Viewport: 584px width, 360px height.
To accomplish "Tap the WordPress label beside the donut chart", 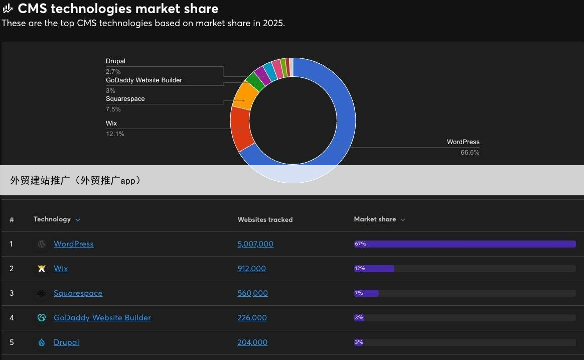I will (x=463, y=142).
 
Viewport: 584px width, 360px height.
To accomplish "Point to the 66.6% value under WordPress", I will (x=470, y=153).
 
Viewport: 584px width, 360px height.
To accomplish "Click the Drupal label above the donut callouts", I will (x=115, y=61).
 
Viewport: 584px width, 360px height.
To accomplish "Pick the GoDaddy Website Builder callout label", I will (x=143, y=80).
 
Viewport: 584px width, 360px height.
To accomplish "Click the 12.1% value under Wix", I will (x=115, y=134).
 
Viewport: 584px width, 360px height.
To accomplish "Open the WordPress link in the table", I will (x=73, y=244).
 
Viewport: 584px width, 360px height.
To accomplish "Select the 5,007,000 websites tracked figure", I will (x=255, y=244).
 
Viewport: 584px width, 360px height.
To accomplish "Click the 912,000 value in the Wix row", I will (x=251, y=269).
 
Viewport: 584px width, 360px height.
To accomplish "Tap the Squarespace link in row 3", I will (x=78, y=293).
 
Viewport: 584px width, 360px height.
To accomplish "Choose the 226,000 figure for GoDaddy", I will (x=252, y=318).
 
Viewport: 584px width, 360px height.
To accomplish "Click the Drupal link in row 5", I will (x=66, y=342).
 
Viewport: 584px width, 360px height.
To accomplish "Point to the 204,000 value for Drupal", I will (x=252, y=342).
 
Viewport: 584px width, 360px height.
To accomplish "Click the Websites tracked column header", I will (x=265, y=219).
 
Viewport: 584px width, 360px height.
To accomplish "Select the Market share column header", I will (x=375, y=219).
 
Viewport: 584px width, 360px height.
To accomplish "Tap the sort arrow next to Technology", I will (x=78, y=220).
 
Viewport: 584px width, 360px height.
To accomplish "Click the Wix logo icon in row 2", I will (x=42, y=269).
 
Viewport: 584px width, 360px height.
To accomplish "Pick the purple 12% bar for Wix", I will (x=374, y=269).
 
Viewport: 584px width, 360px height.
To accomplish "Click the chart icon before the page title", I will (x=8, y=9).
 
